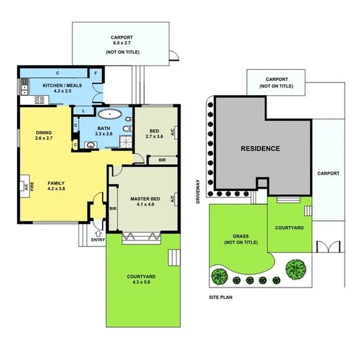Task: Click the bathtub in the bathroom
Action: [111, 114]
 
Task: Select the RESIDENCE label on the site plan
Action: [260, 149]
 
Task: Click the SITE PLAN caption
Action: [221, 298]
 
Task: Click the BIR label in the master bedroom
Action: [114, 209]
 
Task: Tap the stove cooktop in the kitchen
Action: [25, 100]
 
